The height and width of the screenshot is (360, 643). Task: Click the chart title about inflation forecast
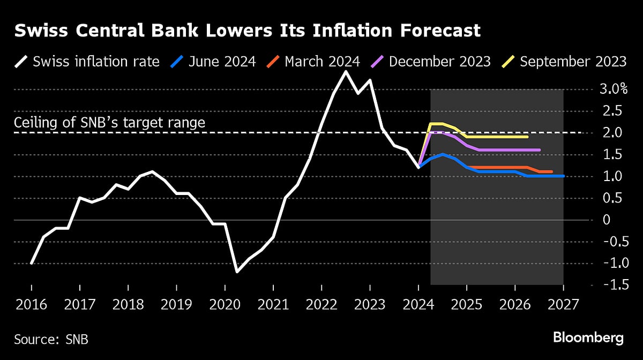[x=247, y=31]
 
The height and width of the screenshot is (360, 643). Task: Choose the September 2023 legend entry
[x=566, y=61]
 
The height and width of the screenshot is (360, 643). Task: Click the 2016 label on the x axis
[x=32, y=305]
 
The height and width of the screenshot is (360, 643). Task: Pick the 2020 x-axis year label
[x=225, y=305]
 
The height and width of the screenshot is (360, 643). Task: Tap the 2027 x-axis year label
[x=563, y=305]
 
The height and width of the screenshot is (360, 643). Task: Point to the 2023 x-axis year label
[x=370, y=305]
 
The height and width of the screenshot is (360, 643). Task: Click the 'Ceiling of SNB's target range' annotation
[x=109, y=123]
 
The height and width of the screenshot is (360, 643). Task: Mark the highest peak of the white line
[x=346, y=71]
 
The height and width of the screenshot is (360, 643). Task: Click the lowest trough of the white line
[x=237, y=272]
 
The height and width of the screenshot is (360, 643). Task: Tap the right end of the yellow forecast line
[x=528, y=137]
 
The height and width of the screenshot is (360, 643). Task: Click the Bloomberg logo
[x=588, y=338]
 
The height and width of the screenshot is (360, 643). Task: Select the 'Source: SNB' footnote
[x=51, y=339]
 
